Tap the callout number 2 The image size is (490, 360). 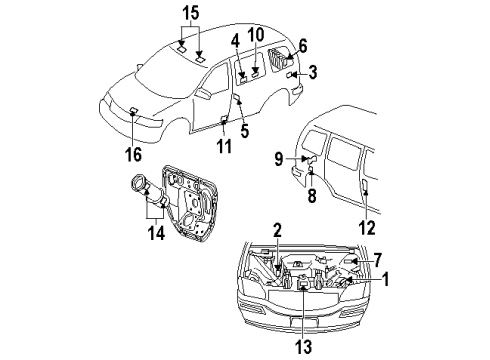[x=276, y=231]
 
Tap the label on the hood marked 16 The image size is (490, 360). [x=133, y=111]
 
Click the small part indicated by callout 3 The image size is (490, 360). [x=290, y=75]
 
